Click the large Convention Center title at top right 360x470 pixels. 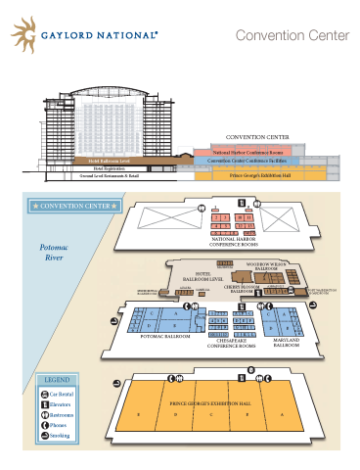[292, 36]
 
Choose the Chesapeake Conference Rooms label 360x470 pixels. [232, 343]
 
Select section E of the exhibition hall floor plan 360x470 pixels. [139, 414]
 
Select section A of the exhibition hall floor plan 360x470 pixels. [282, 414]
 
